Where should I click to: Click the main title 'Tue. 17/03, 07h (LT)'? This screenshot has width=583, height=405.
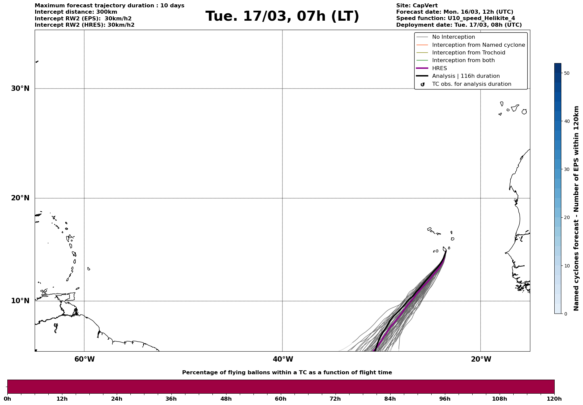click(282, 16)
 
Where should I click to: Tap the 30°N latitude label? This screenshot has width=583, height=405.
click(20, 88)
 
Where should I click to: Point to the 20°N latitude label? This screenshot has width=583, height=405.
click(20, 198)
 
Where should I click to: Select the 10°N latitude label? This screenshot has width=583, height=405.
click(20, 301)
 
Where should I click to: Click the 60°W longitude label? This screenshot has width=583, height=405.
click(84, 359)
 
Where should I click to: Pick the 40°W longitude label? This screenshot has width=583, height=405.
click(283, 359)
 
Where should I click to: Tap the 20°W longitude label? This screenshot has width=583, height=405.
click(481, 359)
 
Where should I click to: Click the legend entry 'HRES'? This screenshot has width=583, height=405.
click(439, 68)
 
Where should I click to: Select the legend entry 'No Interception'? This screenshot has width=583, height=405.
click(453, 37)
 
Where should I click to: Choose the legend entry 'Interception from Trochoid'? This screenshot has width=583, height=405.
click(468, 53)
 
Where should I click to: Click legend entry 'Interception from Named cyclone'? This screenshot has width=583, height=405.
click(478, 45)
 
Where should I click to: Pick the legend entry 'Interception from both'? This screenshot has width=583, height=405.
click(463, 60)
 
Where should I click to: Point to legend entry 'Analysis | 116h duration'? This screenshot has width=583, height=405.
click(466, 76)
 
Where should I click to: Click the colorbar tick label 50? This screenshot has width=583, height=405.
click(566, 73)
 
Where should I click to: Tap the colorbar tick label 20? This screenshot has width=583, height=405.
click(566, 218)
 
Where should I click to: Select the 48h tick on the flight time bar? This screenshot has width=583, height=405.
click(226, 399)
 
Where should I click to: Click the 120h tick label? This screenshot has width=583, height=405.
click(554, 399)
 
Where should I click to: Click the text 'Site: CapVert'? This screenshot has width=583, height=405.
click(417, 6)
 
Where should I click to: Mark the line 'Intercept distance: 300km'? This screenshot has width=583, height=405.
click(76, 12)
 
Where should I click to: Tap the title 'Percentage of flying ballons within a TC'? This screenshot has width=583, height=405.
click(287, 373)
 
